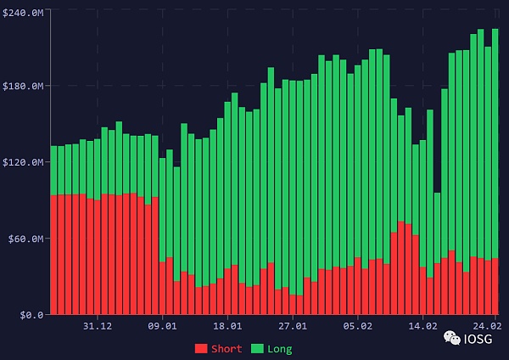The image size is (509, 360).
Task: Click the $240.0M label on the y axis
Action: point(23,9)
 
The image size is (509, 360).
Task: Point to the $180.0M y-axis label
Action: point(23,86)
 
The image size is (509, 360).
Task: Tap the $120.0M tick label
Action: point(23,162)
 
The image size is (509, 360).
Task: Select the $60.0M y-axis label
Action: point(25,239)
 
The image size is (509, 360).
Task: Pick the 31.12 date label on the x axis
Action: point(98,326)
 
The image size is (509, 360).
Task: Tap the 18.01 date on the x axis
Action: point(228,326)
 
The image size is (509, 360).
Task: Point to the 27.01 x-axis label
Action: point(293,326)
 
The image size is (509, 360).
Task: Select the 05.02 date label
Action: point(358,326)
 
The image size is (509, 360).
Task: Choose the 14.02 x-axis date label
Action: point(422,326)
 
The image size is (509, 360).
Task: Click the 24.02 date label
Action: point(487,326)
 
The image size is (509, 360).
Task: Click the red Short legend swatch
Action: point(201,349)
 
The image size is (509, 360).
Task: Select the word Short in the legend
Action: point(227,349)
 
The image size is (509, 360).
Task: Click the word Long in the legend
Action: point(279,349)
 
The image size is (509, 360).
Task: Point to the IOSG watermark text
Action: point(477,340)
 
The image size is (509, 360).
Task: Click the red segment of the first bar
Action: point(53,255)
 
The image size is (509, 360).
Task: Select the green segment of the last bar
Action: point(495,144)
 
